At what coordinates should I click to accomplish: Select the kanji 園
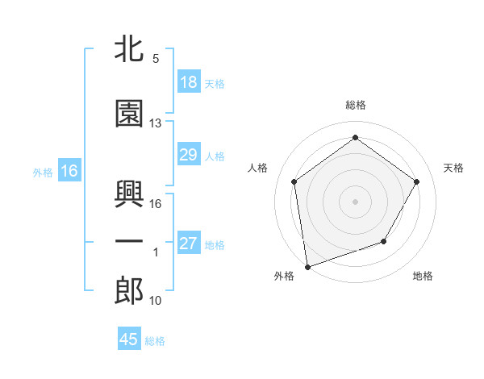coord(129,115)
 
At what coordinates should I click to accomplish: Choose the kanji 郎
coord(129,290)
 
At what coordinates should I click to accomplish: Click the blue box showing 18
coord(188,82)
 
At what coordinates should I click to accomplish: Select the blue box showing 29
coord(188,155)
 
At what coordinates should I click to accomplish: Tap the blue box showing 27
coord(188,244)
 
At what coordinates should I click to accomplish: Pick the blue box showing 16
coord(69,171)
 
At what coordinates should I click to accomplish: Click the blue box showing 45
coord(129,339)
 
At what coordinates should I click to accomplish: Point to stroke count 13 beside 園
coord(156,123)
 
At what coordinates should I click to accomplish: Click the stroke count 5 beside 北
coord(156,59)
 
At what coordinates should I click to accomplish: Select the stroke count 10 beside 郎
coord(156,301)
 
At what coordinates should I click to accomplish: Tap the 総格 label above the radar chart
coord(355,105)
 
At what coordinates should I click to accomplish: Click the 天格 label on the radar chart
coord(453,168)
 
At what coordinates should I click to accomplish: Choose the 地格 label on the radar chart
coord(423,276)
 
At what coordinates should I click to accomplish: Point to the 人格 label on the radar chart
coord(257,168)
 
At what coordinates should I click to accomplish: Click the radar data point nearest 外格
coord(307,266)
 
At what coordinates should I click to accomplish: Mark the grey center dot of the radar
coord(355,201)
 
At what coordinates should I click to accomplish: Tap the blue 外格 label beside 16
coord(43,172)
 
